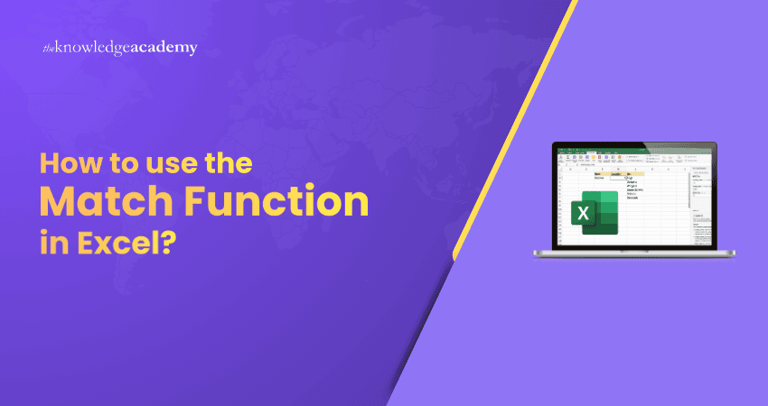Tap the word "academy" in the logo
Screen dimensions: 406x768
164,48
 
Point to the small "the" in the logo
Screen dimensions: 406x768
50,48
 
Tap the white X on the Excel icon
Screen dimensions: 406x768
583,214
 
